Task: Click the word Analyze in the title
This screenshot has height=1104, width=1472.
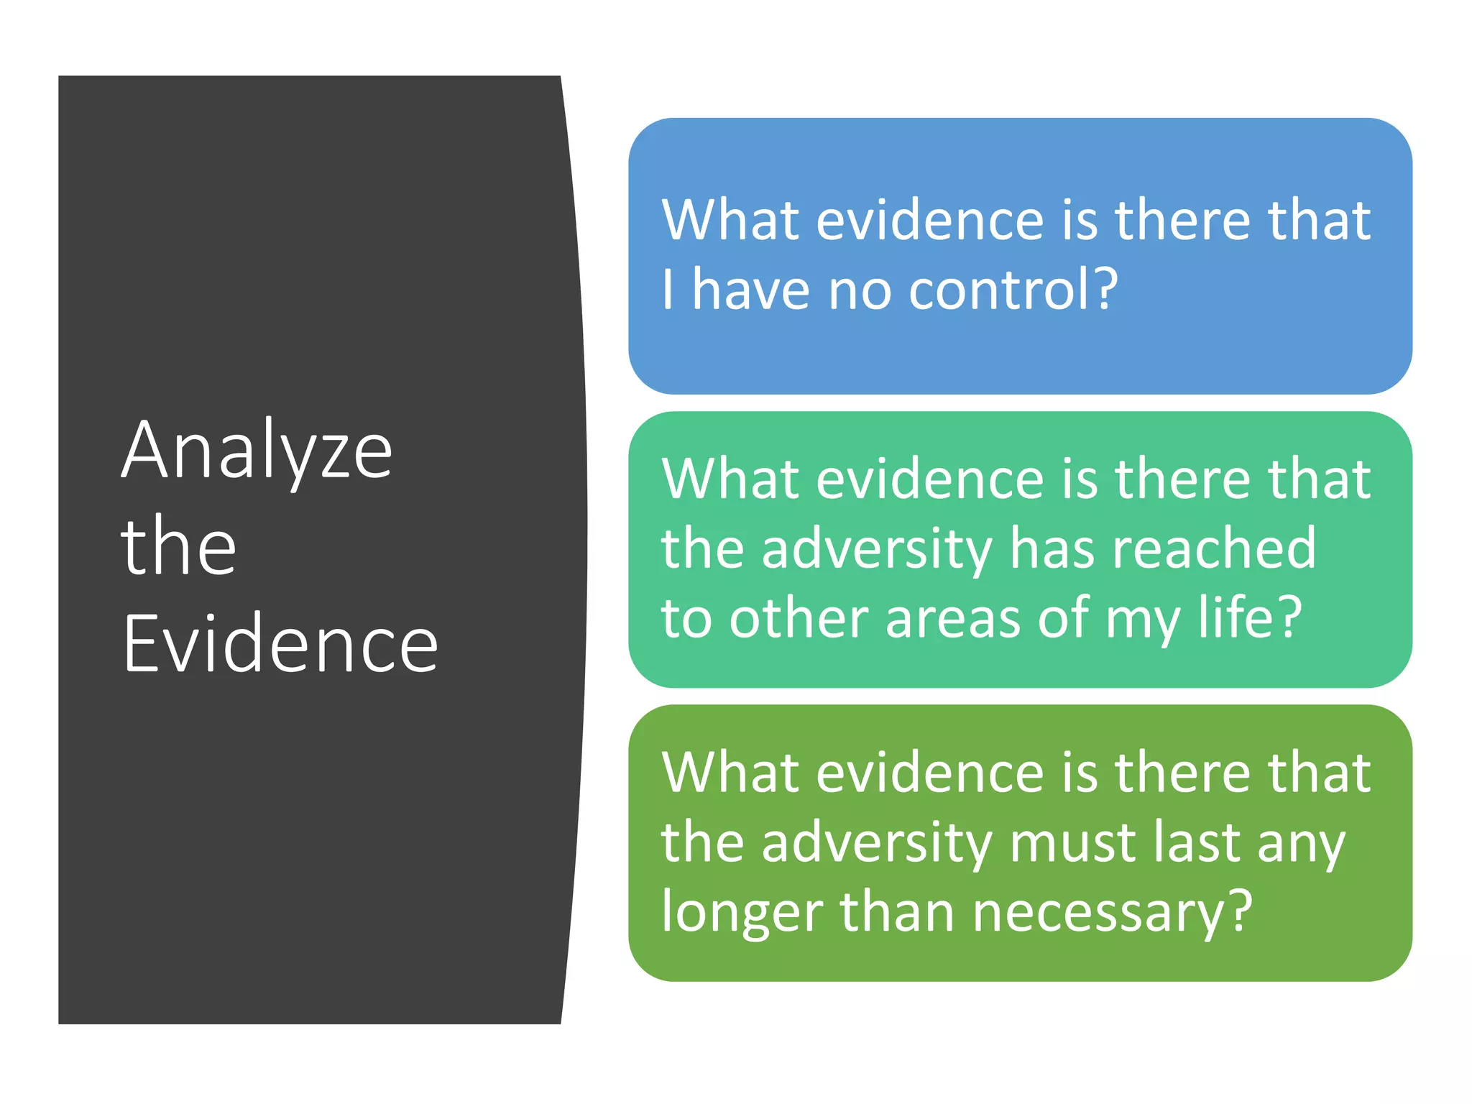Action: pos(257,451)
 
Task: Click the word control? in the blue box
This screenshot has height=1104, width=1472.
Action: pos(1013,289)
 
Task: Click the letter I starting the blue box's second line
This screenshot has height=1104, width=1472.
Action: pos(668,289)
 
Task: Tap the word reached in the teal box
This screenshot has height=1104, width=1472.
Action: pos(1214,548)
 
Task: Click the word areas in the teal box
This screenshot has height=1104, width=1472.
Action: pos(953,618)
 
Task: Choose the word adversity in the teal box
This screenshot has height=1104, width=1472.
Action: pos(877,549)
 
